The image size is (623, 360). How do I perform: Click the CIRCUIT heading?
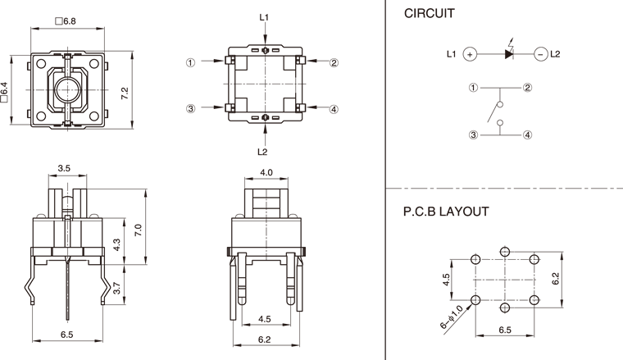429,14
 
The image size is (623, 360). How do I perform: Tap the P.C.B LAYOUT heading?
446,212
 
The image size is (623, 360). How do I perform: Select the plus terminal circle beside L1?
470,54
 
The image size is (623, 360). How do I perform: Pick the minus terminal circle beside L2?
540,54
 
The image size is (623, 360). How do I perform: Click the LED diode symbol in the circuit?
507,54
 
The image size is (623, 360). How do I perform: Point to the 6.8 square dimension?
65,21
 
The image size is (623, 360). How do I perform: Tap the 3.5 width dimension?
63,168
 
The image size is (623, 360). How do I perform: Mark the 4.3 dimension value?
116,244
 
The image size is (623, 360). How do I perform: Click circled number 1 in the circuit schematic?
473,87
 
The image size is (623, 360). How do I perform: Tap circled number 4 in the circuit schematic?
528,135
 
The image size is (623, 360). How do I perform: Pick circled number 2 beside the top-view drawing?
334,62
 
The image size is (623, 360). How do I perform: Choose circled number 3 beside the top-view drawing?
190,108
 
